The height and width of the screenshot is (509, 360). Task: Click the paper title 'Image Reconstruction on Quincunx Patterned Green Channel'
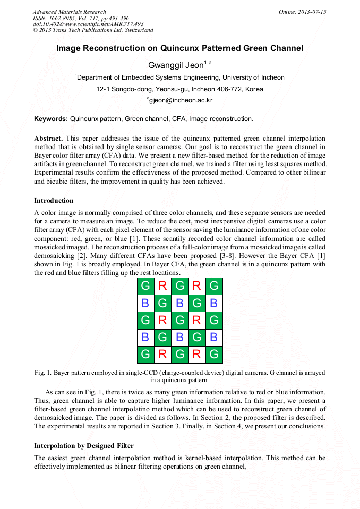[179, 48]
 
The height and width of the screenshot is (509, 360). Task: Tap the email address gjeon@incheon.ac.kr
[180, 100]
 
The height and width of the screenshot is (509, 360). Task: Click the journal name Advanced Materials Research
[69, 12]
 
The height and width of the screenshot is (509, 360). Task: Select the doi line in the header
[88, 24]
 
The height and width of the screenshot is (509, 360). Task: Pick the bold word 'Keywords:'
[51, 119]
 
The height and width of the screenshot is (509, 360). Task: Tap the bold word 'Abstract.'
[48, 138]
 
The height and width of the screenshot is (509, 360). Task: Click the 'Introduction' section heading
[54, 201]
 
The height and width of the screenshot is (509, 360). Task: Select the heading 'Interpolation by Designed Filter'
[84, 445]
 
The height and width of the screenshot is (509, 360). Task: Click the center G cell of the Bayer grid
[179, 320]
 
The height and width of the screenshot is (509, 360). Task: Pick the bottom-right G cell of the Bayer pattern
[214, 354]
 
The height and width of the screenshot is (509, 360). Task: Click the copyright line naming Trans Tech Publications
[93, 30]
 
